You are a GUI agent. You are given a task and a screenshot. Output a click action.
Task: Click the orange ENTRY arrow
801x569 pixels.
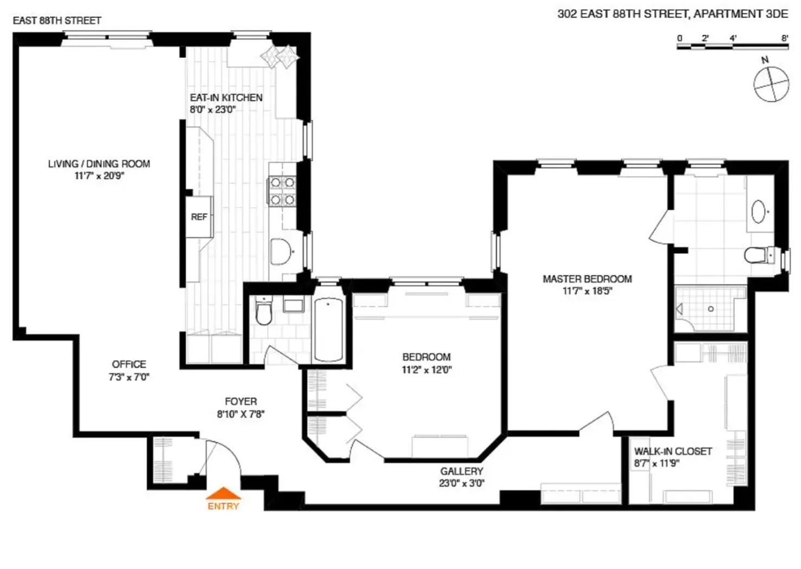pyautogui.click(x=223, y=493)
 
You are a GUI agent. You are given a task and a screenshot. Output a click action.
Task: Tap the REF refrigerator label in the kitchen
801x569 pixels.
pyautogui.click(x=199, y=217)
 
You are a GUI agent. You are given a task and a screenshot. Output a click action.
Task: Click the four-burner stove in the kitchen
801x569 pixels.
pyautogui.click(x=282, y=191)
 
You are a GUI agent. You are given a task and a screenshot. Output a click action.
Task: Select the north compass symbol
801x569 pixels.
pyautogui.click(x=771, y=83)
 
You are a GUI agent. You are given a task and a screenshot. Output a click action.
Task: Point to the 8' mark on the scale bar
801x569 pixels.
pyautogui.click(x=785, y=38)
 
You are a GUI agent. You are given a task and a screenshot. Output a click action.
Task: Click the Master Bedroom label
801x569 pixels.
pyautogui.click(x=587, y=279)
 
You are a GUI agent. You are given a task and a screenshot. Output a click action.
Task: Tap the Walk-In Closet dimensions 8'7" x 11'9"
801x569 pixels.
pyautogui.click(x=657, y=463)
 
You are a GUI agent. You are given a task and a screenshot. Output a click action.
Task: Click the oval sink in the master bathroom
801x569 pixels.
pyautogui.click(x=759, y=211)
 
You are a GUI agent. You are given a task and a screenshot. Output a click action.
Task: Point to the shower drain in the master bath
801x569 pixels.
pyautogui.click(x=710, y=309)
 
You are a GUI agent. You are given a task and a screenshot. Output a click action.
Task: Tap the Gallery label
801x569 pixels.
pyautogui.click(x=461, y=471)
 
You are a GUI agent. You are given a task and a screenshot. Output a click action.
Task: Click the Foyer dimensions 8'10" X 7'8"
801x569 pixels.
pyautogui.click(x=241, y=415)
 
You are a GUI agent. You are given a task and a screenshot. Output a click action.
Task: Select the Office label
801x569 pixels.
pyautogui.click(x=129, y=364)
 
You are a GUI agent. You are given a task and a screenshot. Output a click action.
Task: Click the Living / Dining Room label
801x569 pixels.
pyautogui.click(x=99, y=164)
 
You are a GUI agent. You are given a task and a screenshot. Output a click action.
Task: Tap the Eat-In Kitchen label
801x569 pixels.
pyautogui.click(x=226, y=98)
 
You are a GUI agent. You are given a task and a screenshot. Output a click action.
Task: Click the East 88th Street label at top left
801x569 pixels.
pyautogui.click(x=57, y=21)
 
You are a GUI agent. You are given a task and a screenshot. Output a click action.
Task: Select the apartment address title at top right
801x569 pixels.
pyautogui.click(x=673, y=14)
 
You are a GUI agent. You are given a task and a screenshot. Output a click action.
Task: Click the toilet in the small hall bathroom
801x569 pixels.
pyautogui.click(x=264, y=312)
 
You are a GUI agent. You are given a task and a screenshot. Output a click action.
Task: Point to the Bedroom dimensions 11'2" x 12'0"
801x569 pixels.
pyautogui.click(x=427, y=370)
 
